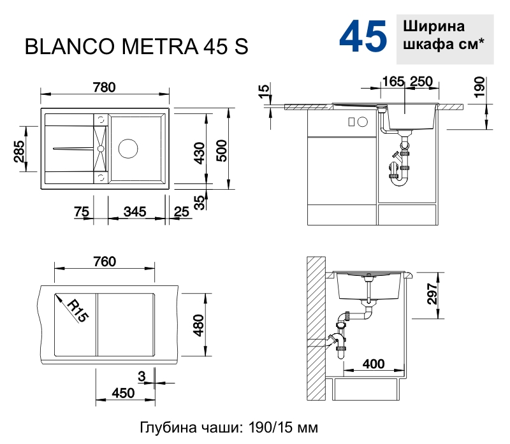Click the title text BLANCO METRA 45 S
(136, 48)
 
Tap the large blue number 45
(363, 37)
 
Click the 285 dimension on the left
(19, 152)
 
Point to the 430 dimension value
(199, 153)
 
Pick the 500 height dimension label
(221, 151)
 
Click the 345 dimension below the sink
(135, 211)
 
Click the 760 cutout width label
(104, 262)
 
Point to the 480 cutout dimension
(198, 326)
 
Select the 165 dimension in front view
(393, 81)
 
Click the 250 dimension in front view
(421, 81)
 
